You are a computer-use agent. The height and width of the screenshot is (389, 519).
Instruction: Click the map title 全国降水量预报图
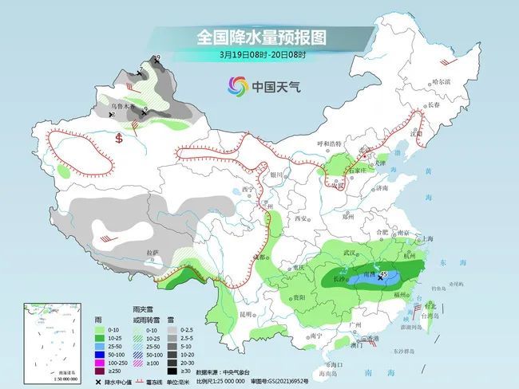tap(262, 37)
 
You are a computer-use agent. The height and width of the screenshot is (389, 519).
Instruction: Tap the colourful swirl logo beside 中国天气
tap(237, 85)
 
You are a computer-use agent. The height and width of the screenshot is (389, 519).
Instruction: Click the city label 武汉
tap(349, 252)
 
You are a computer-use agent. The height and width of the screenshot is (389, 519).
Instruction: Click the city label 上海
tap(427, 238)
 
